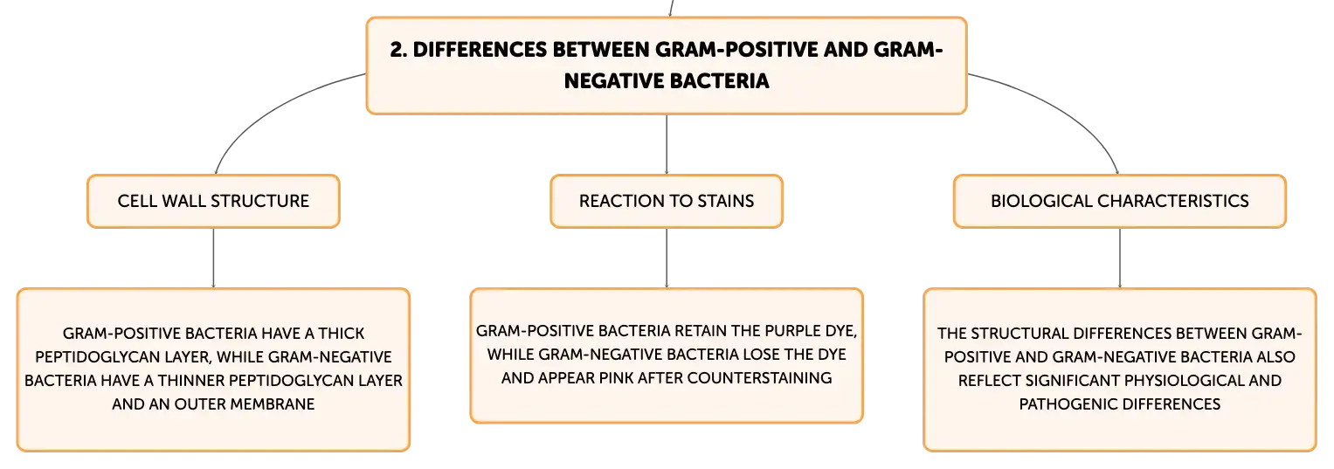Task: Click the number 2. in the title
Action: click(x=398, y=50)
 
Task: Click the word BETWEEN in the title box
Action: click(x=600, y=50)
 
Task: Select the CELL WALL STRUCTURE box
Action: click(x=213, y=201)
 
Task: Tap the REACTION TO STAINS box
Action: click(x=667, y=201)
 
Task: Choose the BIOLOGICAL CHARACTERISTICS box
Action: click(x=1120, y=201)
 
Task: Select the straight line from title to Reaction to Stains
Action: click(x=667, y=144)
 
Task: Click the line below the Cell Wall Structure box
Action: click(x=213, y=259)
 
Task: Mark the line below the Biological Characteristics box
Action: click(x=1120, y=259)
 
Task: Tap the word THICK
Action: click(x=342, y=334)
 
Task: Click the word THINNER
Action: click(x=191, y=380)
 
